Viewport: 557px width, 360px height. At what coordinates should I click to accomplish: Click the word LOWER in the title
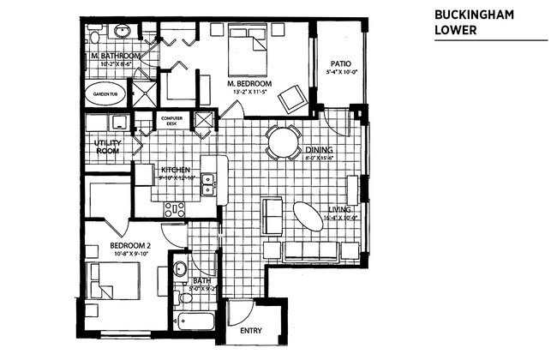[453, 31]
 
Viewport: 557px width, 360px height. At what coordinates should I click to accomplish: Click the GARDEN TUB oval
[106, 94]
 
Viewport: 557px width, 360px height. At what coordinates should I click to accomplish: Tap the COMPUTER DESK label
[171, 120]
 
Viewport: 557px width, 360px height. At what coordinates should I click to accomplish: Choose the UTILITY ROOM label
[107, 147]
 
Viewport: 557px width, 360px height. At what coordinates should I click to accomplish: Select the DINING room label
[321, 149]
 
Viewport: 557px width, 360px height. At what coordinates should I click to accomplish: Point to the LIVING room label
[343, 209]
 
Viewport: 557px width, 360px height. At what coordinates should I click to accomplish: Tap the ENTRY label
[250, 330]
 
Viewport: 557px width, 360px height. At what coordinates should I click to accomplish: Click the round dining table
[283, 142]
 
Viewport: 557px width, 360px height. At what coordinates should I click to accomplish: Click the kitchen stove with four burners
[174, 207]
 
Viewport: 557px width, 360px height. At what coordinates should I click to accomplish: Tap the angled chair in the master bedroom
[292, 98]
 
